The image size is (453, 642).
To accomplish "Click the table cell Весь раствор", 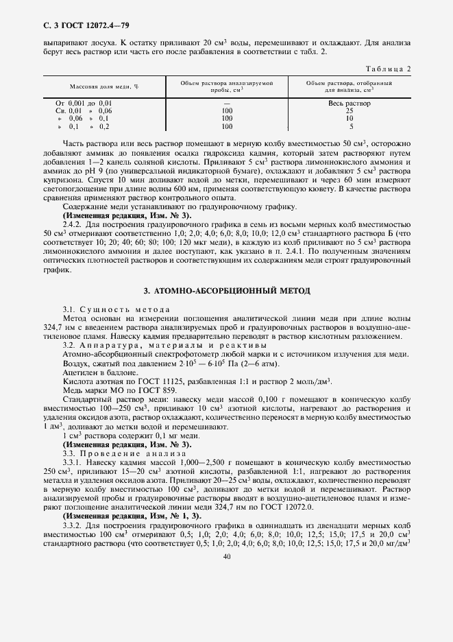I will pos(350,103).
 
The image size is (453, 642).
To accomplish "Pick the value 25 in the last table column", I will pos(350,110).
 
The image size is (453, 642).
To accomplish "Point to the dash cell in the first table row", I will pos(227,103).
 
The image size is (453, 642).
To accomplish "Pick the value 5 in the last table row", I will pos(350,127).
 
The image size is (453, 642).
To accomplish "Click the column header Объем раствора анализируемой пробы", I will pos(227,86).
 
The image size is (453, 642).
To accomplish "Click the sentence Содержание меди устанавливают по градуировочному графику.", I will pos(180,206).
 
